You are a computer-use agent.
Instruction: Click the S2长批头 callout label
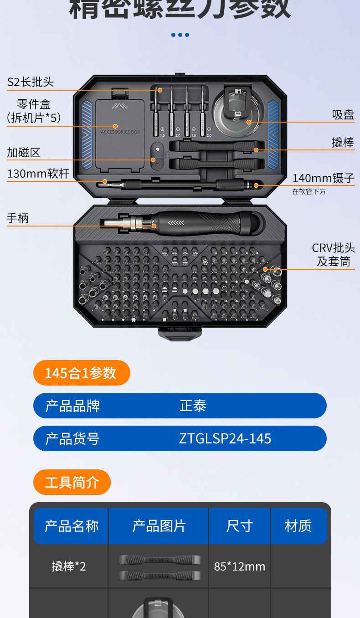point(31,82)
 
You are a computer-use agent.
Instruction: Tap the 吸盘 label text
point(343,114)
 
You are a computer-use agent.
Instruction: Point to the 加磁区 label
point(24,152)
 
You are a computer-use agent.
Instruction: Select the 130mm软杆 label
point(38,174)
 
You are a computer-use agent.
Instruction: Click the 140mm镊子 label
point(323,178)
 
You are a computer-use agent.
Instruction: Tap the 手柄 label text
point(18,218)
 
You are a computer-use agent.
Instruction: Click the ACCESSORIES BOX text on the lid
point(120,132)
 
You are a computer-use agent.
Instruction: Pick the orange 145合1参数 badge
point(81,373)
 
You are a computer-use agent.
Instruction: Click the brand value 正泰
point(193,406)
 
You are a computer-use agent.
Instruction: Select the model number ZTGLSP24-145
point(225,438)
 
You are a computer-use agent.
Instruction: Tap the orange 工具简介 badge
point(72,482)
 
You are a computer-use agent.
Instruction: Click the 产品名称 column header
point(71,526)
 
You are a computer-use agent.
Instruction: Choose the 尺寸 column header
point(239,526)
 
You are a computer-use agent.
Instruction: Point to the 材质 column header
point(298,526)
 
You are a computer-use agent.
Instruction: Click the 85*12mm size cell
point(239,566)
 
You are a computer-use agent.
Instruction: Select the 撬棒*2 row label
point(69,566)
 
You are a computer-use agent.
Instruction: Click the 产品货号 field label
point(72,438)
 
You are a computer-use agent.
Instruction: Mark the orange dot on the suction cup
point(249,122)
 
